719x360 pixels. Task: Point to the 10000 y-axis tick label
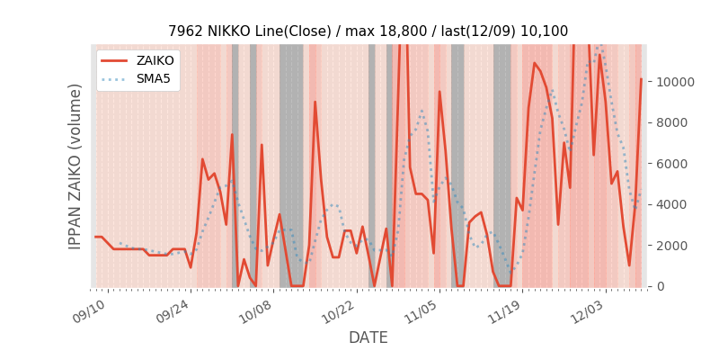pos(675,82)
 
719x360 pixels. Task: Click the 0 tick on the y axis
pos(661,286)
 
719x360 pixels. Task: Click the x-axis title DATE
pos(368,338)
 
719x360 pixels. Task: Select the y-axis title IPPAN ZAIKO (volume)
pos(75,166)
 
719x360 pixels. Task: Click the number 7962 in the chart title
pos(185,31)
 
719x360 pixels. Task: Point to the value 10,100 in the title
pos(545,31)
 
